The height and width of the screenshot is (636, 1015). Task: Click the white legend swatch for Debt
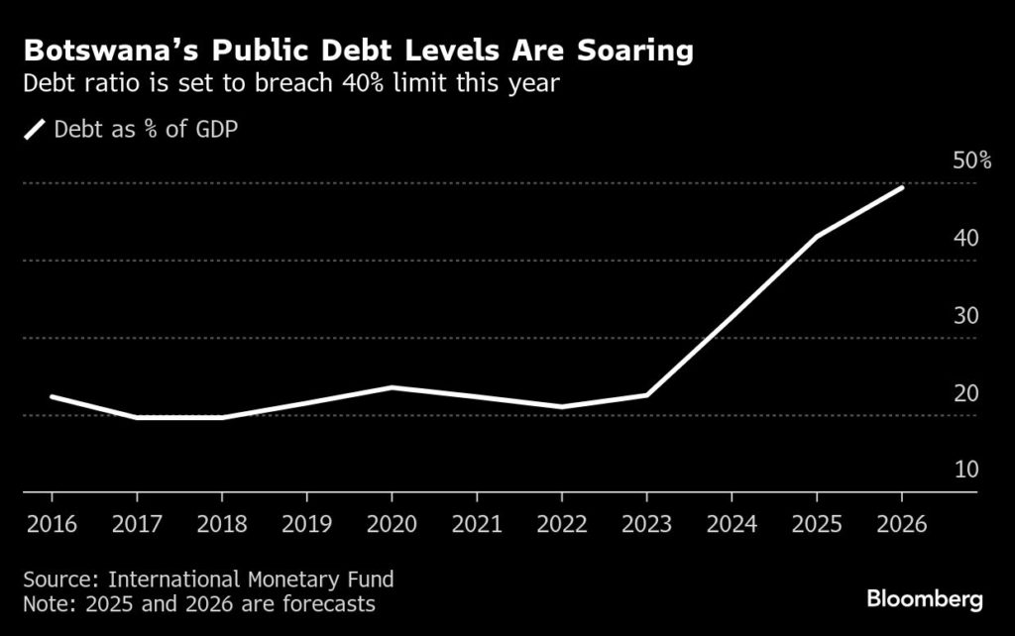click(x=35, y=129)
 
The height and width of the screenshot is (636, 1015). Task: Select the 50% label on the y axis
click(x=971, y=160)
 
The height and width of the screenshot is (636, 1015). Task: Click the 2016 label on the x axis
click(x=50, y=524)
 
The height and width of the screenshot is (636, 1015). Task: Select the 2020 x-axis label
click(x=391, y=524)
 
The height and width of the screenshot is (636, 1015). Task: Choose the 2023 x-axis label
click(x=646, y=524)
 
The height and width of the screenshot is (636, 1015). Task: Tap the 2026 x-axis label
click(x=902, y=524)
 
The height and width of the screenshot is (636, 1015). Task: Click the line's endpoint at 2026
click(x=902, y=187)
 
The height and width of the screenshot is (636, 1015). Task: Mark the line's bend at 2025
click(x=817, y=237)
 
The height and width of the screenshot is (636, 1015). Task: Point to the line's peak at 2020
click(x=391, y=387)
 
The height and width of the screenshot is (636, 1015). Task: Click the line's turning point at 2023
click(x=646, y=395)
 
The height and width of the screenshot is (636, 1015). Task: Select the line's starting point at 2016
click(x=51, y=396)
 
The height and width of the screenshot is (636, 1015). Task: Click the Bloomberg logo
click(x=925, y=598)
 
